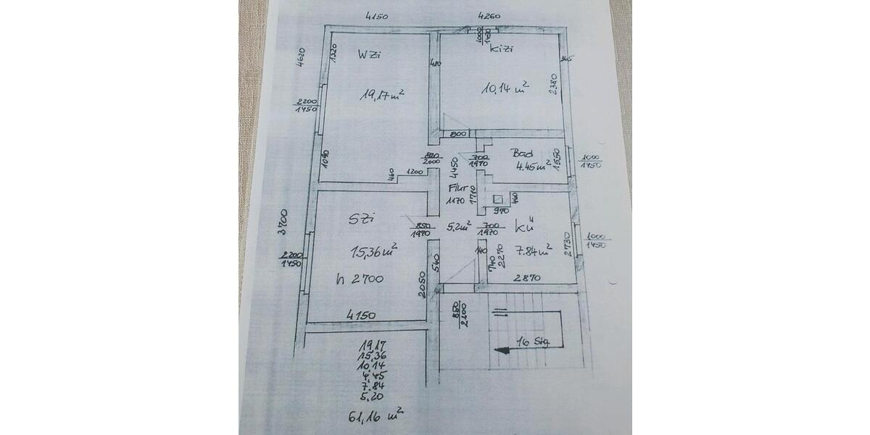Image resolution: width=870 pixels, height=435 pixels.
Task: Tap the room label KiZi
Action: pos(501,50)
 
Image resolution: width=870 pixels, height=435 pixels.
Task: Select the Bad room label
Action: pos(523,154)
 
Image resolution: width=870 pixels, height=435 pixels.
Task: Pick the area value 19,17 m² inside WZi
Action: pos(383,95)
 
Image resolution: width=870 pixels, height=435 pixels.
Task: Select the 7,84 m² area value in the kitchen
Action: pos(534,251)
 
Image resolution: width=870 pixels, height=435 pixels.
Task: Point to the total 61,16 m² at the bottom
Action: pos(376,416)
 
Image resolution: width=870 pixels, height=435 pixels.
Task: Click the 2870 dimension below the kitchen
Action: pos(529,277)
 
